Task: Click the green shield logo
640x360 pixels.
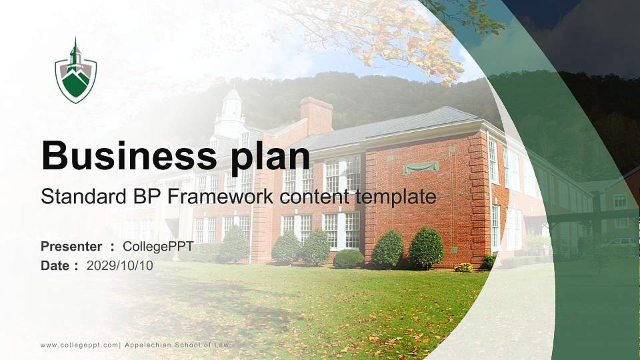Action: click(76, 71)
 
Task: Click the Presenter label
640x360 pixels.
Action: click(71, 247)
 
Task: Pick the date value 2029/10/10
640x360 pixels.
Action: click(119, 265)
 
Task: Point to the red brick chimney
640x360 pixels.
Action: click(316, 115)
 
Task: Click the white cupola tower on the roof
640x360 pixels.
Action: click(231, 113)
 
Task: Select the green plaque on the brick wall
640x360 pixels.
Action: click(421, 167)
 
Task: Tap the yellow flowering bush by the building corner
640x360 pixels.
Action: click(463, 267)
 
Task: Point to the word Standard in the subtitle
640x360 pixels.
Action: click(73, 197)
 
